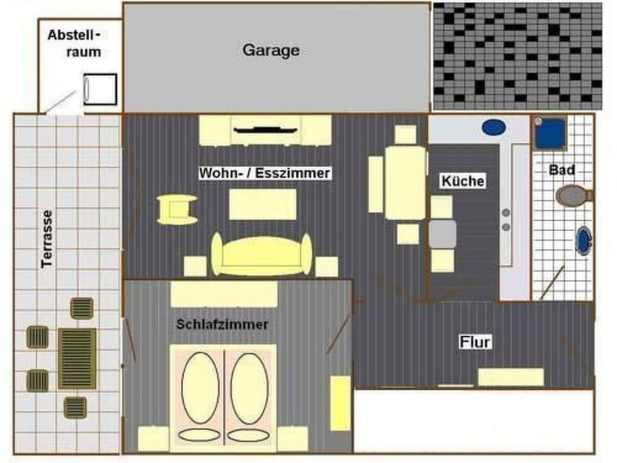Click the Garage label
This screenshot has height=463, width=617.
[x=271, y=50]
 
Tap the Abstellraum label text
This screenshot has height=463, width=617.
[x=75, y=43]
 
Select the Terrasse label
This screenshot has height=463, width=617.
[x=46, y=239]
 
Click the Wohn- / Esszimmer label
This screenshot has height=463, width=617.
[x=264, y=173]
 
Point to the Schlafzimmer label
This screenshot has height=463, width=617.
[x=222, y=325]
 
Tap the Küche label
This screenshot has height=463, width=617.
[x=462, y=181]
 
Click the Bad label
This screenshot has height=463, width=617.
[x=562, y=170]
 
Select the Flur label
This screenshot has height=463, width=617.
[x=475, y=341]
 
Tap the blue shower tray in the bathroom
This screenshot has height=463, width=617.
[x=550, y=134]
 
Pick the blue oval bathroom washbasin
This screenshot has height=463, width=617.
[x=584, y=241]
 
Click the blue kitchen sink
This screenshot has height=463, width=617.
[x=495, y=127]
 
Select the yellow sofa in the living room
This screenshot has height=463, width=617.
[x=262, y=254]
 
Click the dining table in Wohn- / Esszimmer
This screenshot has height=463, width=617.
[x=404, y=183]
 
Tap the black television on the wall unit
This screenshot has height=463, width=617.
[x=265, y=130]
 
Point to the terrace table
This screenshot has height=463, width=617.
[x=77, y=358]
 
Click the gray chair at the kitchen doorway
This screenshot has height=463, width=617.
[x=443, y=234]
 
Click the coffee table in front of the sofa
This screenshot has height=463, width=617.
[x=263, y=204]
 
